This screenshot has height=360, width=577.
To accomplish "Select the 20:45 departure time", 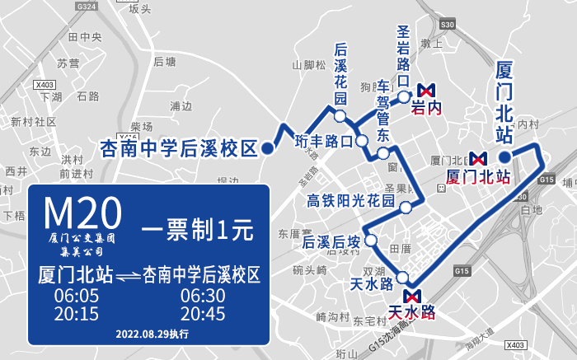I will pyautogui.click(x=203, y=314).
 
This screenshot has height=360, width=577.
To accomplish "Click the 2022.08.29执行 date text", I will pyautogui.click(x=152, y=334).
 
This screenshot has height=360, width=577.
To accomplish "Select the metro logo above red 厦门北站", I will pyautogui.click(x=478, y=159).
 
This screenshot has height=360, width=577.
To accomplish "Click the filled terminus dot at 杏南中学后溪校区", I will pyautogui.click(x=269, y=149).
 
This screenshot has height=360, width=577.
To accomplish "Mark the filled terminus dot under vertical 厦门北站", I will pyautogui.click(x=504, y=155).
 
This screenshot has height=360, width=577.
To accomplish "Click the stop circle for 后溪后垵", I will pyautogui.click(x=370, y=241).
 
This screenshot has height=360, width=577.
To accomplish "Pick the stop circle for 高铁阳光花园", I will pyautogui.click(x=405, y=207).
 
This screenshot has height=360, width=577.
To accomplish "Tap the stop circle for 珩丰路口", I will pyautogui.click(x=360, y=141).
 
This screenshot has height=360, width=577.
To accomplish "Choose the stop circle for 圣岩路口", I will pyautogui.click(x=404, y=96).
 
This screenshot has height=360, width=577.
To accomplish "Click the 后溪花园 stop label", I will pyautogui.click(x=340, y=73).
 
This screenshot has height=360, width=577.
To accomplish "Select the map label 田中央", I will pyautogui.click(x=84, y=37).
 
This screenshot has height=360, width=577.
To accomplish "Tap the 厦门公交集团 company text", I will pyautogui.click(x=81, y=237).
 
